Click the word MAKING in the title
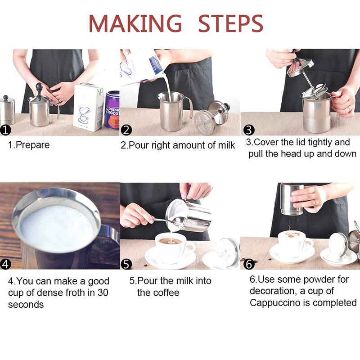pyautogui.click(x=135, y=23)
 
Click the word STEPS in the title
pyautogui.click(x=230, y=23)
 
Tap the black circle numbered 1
pyautogui.click(x=6, y=130)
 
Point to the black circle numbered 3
pyautogui.click(x=249, y=130)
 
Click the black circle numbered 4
pyautogui.click(x=6, y=264)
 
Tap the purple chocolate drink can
pyautogui.click(x=112, y=110)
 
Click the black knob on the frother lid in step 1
pyautogui.click(x=39, y=86)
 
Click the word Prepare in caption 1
pyautogui.click(x=33, y=145)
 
